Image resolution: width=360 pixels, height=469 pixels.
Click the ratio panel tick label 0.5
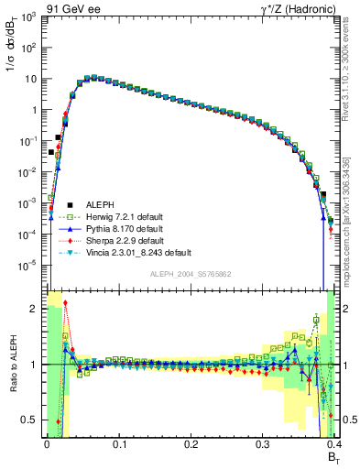click(x=29, y=420)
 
